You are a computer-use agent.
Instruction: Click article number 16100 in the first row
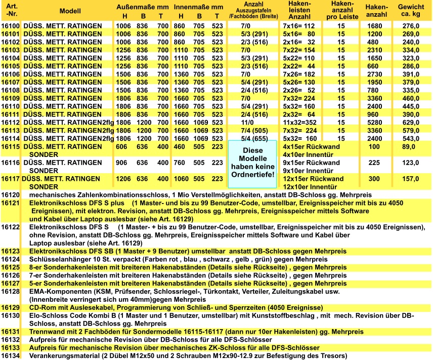pos(10,25)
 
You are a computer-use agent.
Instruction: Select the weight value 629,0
pos(410,122)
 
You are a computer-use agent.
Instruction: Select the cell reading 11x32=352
pos(299,122)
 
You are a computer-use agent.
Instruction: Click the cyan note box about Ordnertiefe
pos(251,163)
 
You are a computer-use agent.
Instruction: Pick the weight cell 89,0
pos(410,147)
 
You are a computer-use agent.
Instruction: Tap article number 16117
pos(10,179)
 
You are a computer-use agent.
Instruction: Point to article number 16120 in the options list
pos(10,195)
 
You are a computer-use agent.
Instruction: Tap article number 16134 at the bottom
pos(10,355)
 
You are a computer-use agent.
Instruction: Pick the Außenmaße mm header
pos(143,8)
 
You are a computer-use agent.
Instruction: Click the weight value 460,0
pos(410,98)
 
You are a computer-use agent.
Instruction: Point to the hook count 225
pos(374,163)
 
